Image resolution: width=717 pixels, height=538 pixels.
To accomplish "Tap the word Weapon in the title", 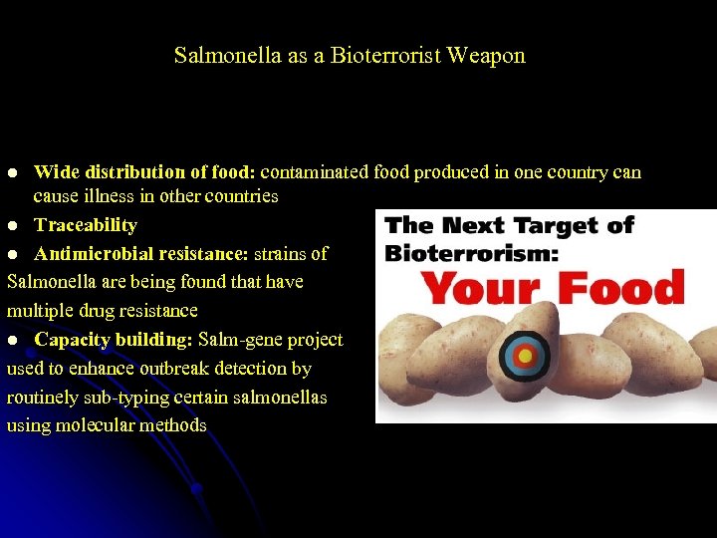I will [486, 56].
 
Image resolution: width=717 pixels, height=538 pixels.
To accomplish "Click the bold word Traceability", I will [86, 225].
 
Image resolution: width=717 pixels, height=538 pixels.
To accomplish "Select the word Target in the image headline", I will [547, 225].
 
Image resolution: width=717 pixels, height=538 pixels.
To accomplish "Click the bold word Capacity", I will [71, 340].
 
